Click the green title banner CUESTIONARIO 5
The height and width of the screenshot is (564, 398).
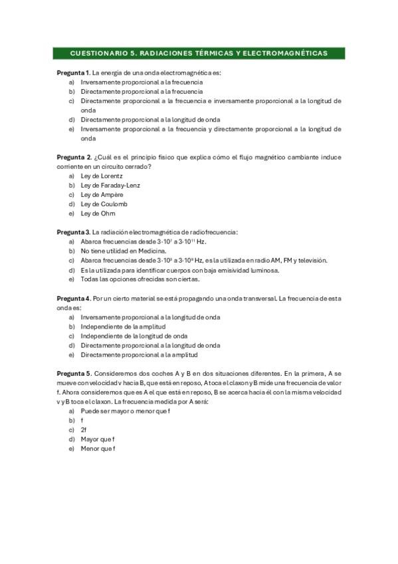point(199,53)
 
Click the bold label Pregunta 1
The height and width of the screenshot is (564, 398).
point(73,72)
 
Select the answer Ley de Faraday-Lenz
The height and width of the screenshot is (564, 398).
point(110,185)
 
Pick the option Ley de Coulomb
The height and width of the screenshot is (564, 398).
point(104,204)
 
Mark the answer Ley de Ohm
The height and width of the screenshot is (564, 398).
point(98,213)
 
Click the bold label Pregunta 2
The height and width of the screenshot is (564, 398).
point(73,156)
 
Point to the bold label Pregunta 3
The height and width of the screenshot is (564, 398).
point(73,232)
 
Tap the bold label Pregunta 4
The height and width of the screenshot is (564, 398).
point(73,299)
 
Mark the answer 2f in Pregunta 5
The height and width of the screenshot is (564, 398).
point(84,430)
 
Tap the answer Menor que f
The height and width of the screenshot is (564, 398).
point(98,449)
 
